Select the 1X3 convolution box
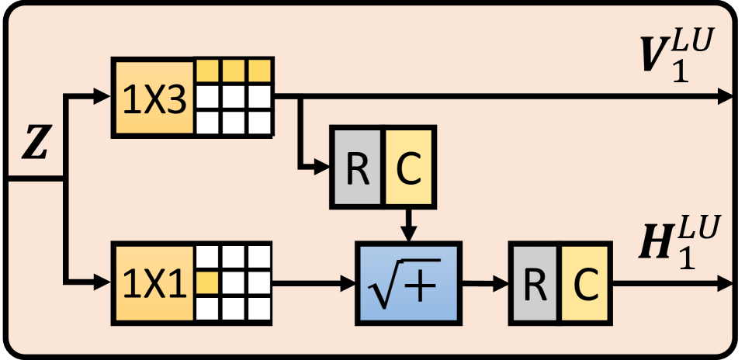click(153, 97)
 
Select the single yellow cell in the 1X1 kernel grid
click(206, 282)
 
